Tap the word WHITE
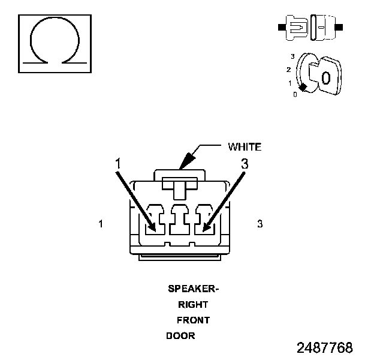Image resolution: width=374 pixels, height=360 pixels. [244, 147]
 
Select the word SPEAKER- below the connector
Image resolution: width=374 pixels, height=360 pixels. [193, 289]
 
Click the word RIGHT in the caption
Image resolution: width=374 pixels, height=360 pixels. [193, 304]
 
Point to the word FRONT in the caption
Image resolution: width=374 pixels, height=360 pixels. [193, 320]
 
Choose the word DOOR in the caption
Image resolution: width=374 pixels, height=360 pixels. [180, 335]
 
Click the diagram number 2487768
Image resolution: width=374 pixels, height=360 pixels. [324, 348]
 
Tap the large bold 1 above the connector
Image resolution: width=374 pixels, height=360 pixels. [119, 163]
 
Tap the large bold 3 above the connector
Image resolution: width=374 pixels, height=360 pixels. [244, 163]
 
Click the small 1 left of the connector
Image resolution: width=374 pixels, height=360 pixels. [102, 224]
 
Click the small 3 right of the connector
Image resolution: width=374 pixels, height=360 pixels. [260, 224]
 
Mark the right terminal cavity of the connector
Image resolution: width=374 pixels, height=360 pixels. [204, 220]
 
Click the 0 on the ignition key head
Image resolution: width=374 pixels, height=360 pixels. [325, 77]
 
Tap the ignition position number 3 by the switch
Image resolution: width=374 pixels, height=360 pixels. [292, 56]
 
